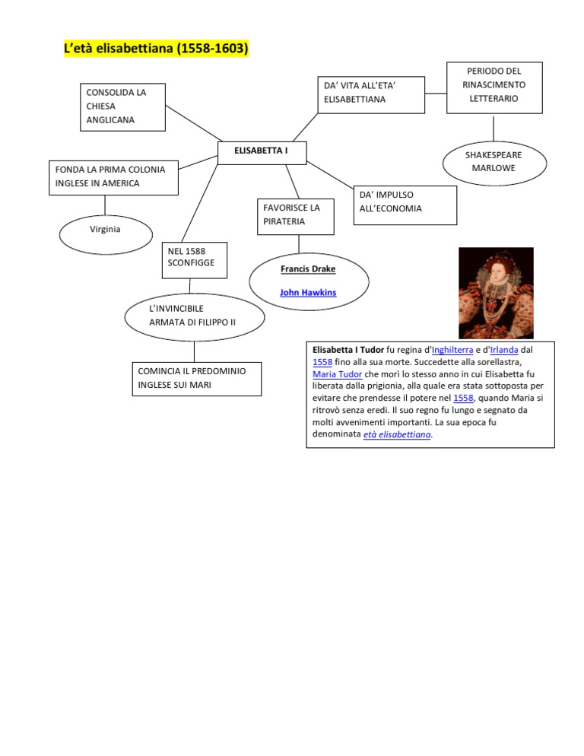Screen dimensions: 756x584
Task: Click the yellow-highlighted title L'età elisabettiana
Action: (x=157, y=49)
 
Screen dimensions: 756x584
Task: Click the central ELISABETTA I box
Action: (x=262, y=152)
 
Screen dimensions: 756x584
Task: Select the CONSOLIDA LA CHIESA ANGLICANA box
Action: (x=122, y=106)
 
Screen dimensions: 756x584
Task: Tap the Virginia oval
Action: (x=105, y=229)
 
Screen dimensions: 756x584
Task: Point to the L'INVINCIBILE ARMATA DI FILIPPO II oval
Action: (x=194, y=316)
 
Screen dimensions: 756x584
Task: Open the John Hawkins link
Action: (x=308, y=292)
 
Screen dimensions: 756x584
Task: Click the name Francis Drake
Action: (x=308, y=269)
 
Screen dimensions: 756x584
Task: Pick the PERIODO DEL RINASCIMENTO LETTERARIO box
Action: (x=494, y=85)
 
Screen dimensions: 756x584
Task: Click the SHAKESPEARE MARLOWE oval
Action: (x=494, y=161)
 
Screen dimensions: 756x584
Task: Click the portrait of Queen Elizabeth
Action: (x=496, y=293)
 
